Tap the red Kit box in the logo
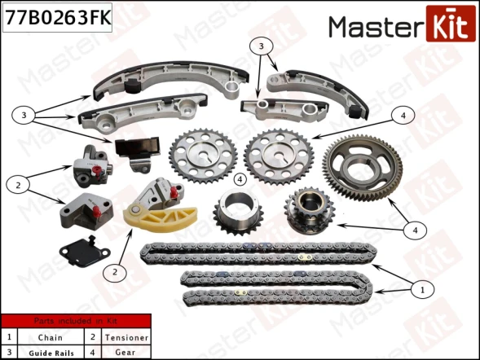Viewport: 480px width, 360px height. (448, 26)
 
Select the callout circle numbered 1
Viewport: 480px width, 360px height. (422, 288)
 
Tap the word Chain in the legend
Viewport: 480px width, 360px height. (50, 336)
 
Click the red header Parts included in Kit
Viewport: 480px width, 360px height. (76, 322)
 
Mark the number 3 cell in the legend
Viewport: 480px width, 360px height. (9, 351)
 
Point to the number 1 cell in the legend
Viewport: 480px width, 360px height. (9, 336)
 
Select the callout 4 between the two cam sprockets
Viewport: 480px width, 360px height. (240, 178)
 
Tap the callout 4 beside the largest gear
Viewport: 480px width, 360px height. (416, 230)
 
